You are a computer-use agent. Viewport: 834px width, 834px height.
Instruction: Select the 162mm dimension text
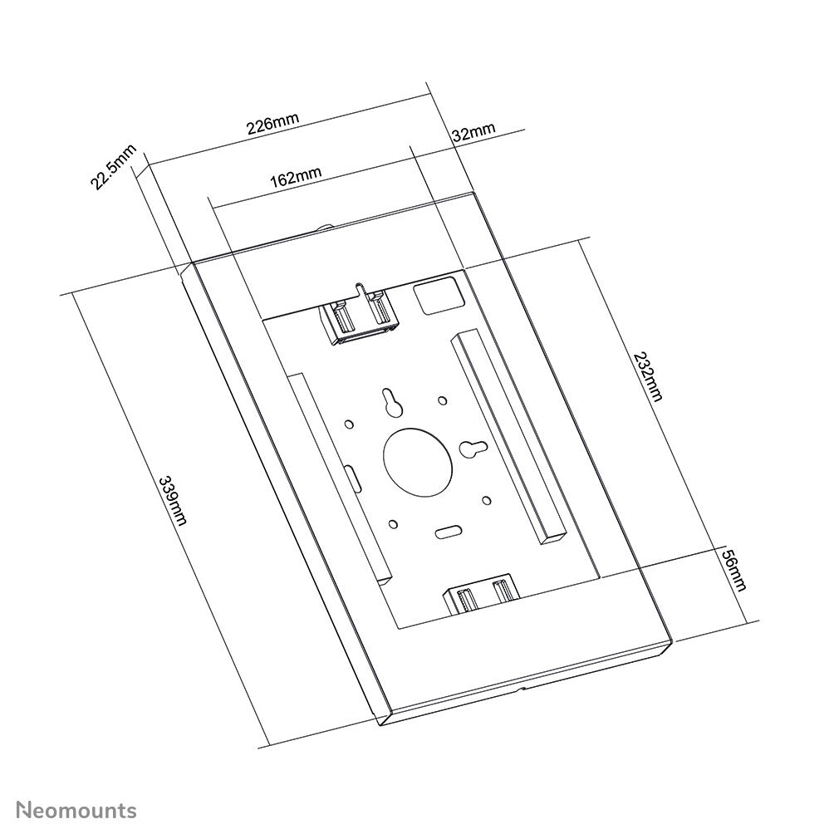tap(296, 177)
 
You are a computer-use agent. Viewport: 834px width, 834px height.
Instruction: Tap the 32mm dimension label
tap(473, 131)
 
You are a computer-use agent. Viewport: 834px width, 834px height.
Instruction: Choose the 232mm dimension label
tap(647, 376)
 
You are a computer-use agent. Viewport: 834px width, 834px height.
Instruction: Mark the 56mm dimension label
tap(731, 569)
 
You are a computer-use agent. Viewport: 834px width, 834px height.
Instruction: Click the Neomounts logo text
tap(78, 809)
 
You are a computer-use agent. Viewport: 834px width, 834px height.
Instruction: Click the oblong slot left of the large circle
tap(353, 478)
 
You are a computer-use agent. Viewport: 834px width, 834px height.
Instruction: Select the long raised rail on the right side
tap(507, 436)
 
